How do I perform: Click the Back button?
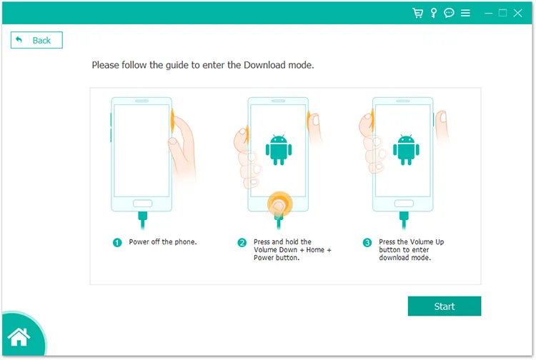tap(36, 40)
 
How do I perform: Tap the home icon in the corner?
tap(19, 336)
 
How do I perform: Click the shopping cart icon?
tap(418, 13)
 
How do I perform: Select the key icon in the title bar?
tap(434, 13)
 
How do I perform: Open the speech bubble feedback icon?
tap(449, 13)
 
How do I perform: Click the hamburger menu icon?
tap(465, 13)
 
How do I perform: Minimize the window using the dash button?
tap(489, 14)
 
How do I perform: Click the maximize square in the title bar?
tap(502, 13)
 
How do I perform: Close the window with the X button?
tap(518, 13)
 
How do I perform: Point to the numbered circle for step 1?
tap(117, 243)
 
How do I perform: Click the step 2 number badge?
tap(242, 243)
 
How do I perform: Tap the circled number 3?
tap(367, 243)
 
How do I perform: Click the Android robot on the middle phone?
tap(279, 149)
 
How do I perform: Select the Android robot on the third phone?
tap(406, 149)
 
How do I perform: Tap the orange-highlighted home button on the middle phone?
tap(279, 204)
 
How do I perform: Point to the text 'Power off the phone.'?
tap(163, 242)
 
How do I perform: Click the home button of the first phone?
tap(142, 204)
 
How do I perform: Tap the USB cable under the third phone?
tap(404, 220)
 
